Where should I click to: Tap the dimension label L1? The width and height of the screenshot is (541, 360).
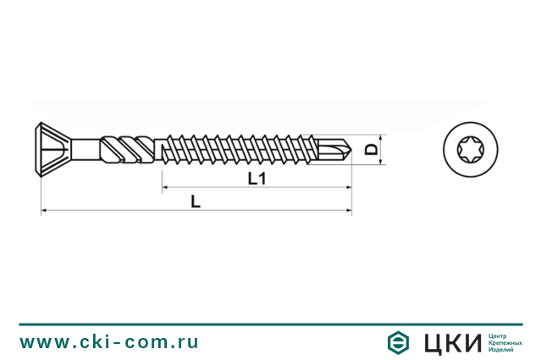[x=257, y=178]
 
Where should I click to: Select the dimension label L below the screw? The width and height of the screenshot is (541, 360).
[x=196, y=202]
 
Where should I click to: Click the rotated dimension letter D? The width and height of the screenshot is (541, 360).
[x=369, y=150]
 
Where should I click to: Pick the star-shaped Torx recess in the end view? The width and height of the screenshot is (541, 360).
[x=470, y=150]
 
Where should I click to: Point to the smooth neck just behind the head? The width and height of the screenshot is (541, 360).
[x=85, y=150]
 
